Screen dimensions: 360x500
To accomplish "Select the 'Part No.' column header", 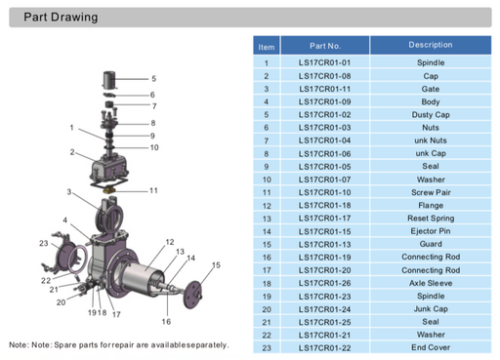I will [x=324, y=46].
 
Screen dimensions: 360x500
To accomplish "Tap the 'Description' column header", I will [x=430, y=45].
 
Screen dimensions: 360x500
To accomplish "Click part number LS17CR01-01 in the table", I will [x=324, y=62].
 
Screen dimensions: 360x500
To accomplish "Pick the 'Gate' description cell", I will [x=430, y=89].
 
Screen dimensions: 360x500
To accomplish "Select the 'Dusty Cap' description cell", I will [x=430, y=114].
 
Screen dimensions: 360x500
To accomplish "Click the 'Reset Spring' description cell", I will [x=430, y=218].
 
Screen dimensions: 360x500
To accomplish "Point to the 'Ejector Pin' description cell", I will [x=430, y=231].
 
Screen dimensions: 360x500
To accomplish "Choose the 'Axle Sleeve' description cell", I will [x=430, y=282].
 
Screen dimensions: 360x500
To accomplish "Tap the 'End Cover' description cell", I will [x=430, y=346].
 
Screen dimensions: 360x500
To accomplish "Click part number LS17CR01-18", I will [x=324, y=205].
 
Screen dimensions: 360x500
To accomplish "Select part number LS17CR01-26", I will [x=324, y=282].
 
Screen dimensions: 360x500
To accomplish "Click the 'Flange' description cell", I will [x=430, y=205].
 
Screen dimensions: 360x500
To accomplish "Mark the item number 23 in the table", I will [x=266, y=346].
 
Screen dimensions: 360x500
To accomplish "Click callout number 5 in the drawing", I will [x=153, y=78].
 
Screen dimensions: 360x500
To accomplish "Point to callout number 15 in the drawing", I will [x=216, y=265].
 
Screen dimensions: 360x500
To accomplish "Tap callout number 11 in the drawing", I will [x=153, y=190].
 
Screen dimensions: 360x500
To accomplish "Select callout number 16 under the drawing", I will [x=166, y=322].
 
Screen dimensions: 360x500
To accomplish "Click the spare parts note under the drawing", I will [x=119, y=344].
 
